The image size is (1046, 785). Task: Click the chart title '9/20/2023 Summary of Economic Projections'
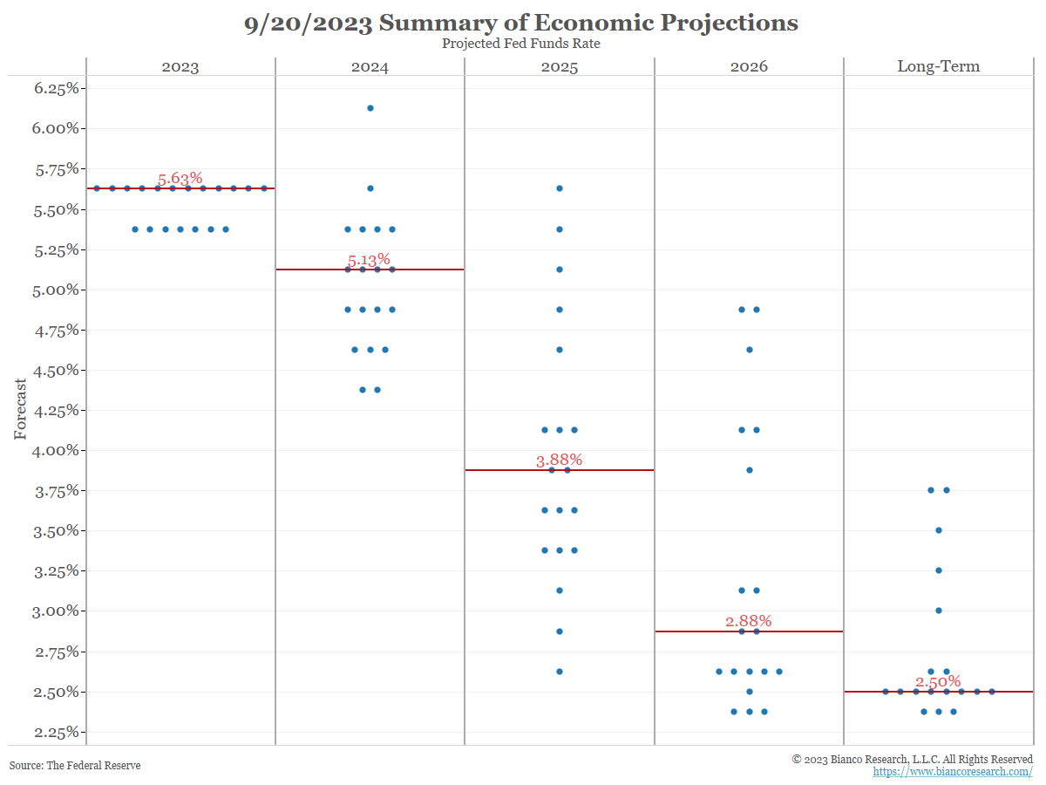coord(521,24)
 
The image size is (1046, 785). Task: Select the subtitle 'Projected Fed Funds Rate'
coord(521,44)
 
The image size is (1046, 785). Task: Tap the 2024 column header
coord(370,66)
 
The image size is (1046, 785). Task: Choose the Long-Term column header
coord(938,66)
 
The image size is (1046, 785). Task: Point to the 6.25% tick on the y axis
coord(55,88)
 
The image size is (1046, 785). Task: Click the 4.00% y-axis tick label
coord(55,450)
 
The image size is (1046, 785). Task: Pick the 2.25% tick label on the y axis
coord(55,732)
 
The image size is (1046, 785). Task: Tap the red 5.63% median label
coord(180,179)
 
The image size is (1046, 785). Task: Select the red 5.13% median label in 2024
coord(369,260)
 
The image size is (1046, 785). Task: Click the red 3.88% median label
coord(559,460)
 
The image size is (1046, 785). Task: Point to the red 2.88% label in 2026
coord(748,621)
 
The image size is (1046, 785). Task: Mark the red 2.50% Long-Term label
coord(938,681)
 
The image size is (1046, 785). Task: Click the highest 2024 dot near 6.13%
coord(370,108)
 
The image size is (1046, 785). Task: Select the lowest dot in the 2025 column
coord(560,672)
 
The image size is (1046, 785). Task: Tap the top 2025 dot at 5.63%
coord(560,188)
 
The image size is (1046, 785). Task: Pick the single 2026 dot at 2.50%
coord(749,692)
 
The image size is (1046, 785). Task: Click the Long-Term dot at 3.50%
coord(939,530)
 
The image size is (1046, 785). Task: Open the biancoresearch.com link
coord(952,772)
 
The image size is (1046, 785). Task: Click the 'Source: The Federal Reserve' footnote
coord(75,766)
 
